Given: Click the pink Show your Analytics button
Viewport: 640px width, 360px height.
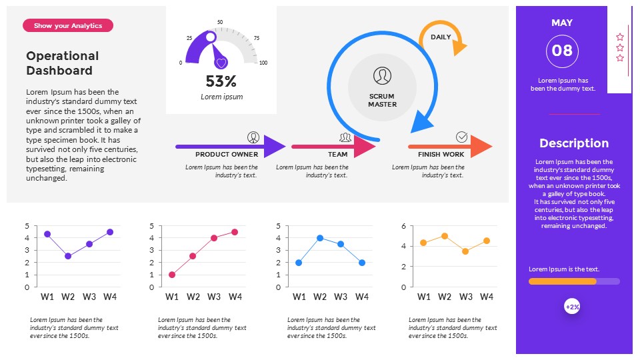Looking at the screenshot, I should tap(68, 25).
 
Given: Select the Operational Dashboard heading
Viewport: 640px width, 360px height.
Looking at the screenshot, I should tap(62, 63).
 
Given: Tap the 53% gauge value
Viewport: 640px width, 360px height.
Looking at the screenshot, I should tap(221, 81).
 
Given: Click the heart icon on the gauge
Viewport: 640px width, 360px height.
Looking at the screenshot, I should tap(221, 63).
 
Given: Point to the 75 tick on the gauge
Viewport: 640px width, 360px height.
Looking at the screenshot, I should tap(257, 38).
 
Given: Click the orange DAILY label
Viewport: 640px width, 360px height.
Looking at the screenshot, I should tap(441, 37).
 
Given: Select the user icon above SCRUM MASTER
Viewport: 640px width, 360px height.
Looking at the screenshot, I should tap(382, 75).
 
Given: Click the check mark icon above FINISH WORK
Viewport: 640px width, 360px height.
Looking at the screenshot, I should tap(461, 137).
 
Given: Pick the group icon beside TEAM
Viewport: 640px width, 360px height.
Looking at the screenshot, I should tap(345, 137).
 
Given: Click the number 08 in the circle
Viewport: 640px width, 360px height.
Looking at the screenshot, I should tap(562, 51).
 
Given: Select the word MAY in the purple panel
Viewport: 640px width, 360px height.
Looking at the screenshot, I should tap(562, 23).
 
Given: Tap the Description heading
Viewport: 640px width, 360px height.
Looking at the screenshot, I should tap(574, 143).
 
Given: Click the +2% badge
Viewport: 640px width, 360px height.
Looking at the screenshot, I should tap(572, 307).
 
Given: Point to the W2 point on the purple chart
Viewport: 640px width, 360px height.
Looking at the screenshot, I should tap(68, 256).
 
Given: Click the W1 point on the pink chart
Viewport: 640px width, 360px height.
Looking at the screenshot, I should tap(172, 275).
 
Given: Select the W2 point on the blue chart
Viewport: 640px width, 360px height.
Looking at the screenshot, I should tap(320, 238).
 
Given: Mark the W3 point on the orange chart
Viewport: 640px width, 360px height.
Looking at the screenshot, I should tap(465, 251).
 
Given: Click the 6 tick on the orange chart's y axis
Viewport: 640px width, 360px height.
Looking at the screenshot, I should tap(403, 227).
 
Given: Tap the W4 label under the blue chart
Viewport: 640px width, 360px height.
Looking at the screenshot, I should tap(362, 297).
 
